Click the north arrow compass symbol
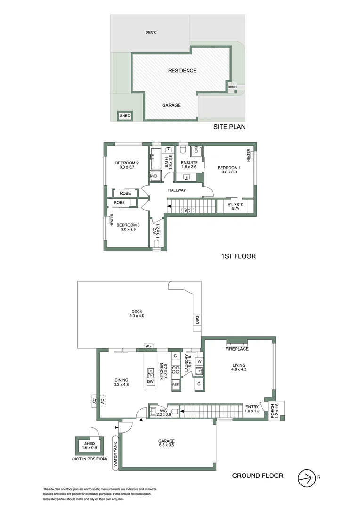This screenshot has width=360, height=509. [306, 477]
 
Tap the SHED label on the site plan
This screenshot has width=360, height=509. [125, 115]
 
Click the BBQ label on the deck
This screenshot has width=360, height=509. [197, 320]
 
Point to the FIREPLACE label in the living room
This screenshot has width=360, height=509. [237, 349]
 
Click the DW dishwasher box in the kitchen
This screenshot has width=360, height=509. [150, 382]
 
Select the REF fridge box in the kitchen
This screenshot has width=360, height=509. [176, 385]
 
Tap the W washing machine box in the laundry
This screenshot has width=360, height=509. [199, 361]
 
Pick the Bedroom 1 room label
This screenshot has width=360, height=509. [229, 168]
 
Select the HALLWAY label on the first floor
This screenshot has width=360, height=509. [177, 190]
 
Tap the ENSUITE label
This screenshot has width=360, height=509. [188, 162]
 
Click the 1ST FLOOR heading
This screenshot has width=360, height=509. [238, 257]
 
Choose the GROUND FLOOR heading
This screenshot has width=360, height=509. [258, 476]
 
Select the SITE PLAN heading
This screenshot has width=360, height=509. [229, 127]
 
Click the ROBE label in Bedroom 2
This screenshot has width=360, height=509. [125, 193]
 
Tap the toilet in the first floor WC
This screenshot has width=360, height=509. [157, 243]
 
